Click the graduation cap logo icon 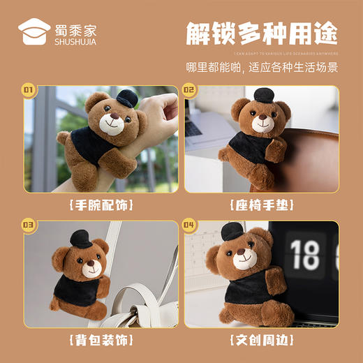tap(34, 31)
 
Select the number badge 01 tap(29, 89)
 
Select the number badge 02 tap(189, 89)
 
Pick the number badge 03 tap(29, 225)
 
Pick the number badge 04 tap(189, 225)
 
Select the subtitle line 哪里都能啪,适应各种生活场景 tap(262, 68)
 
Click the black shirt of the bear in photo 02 tap(254, 150)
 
